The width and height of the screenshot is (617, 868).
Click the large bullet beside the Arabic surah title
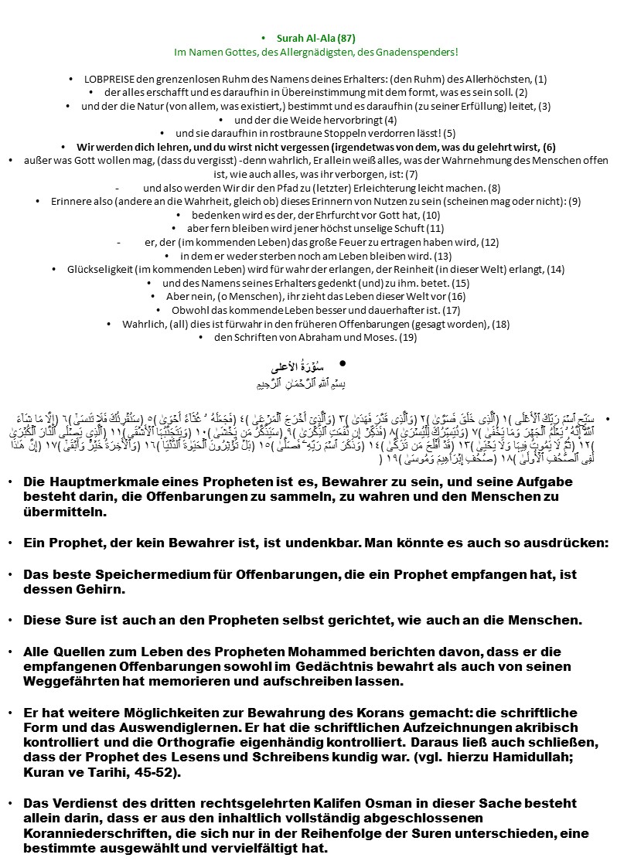[341, 363]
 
